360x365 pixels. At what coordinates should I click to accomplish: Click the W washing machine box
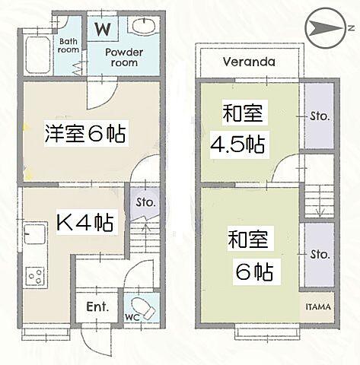pos(102,29)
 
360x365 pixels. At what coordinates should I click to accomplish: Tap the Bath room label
pos(68,45)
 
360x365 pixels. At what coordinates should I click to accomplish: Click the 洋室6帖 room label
pos(84,135)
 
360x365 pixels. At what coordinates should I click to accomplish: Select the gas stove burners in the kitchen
pos(35,275)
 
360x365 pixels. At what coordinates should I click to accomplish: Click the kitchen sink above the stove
pos(34,232)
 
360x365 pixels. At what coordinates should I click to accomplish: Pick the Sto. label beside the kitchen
pos(145,203)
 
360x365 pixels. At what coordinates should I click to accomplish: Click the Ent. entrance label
pos(97,308)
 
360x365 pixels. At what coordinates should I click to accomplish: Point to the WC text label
pos(131,316)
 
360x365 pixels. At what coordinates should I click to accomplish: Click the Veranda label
pos(249,62)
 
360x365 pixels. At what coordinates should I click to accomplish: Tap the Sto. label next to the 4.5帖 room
pos(320,116)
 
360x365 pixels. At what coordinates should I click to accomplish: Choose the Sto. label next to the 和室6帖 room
pos(320,254)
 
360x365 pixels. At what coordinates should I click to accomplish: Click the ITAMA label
pos(319,307)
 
